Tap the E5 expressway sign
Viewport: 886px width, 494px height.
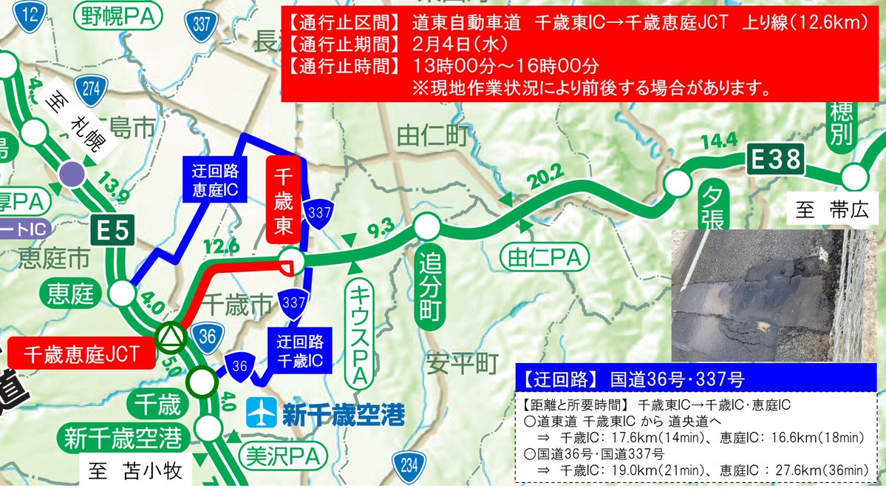[113, 231]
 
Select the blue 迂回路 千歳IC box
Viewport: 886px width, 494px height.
[299, 351]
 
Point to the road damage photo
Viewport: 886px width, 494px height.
[776, 296]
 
